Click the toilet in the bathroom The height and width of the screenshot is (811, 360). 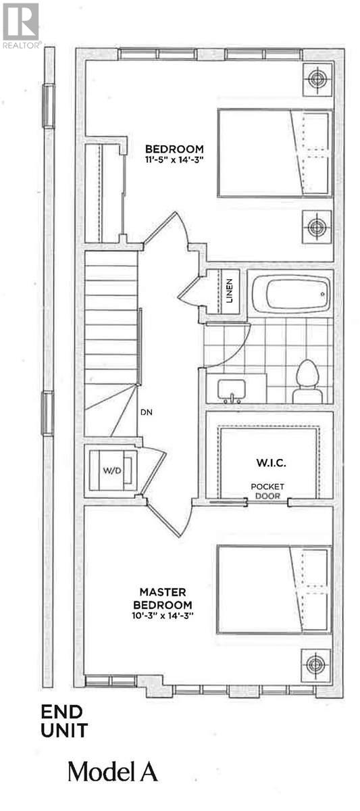point(308,382)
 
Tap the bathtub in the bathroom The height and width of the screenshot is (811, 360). point(290,295)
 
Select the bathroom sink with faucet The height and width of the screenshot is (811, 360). point(232,391)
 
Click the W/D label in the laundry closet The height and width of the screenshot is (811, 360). point(112,470)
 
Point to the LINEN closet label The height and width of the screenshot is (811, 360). point(229,291)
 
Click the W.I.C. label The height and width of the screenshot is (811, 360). point(271,462)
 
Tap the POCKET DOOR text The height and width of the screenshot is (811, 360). point(267,491)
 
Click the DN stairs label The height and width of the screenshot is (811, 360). point(147,412)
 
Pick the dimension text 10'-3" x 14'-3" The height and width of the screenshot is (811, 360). point(163,615)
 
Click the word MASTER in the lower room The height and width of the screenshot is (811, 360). point(163,592)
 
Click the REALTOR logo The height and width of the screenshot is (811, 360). point(21,26)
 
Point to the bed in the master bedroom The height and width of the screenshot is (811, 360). point(274,590)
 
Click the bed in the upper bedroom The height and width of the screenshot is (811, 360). point(275,153)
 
